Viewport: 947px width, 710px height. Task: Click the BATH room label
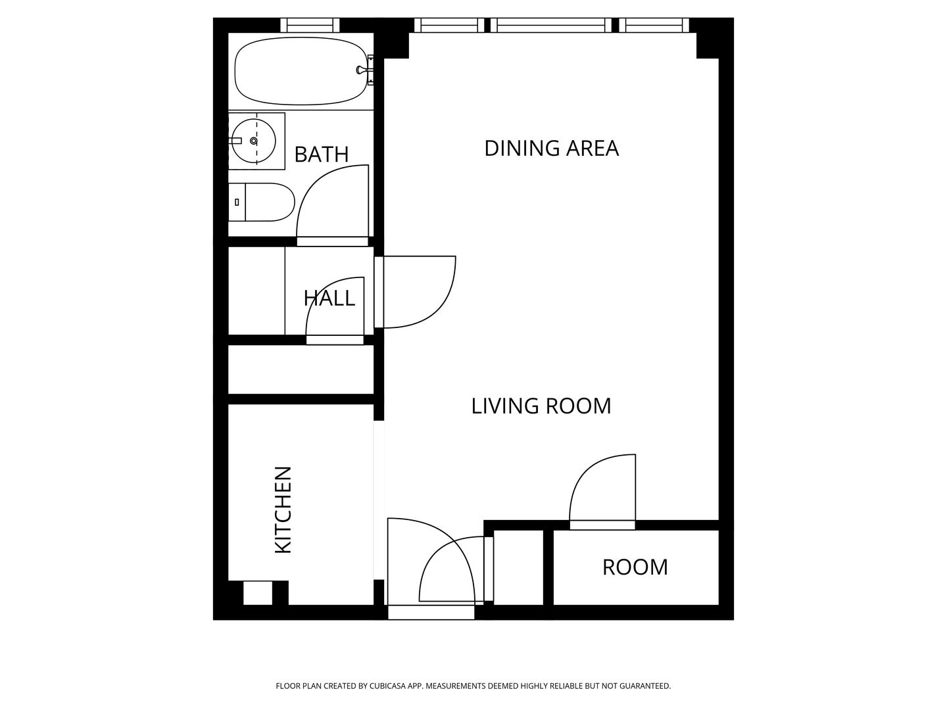click(321, 154)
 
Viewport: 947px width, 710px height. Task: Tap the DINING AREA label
click(551, 148)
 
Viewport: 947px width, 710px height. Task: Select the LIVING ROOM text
click(541, 406)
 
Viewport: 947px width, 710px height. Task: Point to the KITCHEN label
click(283, 509)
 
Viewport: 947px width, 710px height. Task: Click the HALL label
click(329, 298)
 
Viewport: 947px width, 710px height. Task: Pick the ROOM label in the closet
click(635, 567)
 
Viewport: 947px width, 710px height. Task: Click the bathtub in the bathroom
click(301, 71)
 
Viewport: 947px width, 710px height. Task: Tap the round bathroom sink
click(254, 141)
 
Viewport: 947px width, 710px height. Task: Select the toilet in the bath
click(262, 202)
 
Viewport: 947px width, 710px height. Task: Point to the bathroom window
click(310, 25)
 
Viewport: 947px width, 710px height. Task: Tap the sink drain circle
click(254, 141)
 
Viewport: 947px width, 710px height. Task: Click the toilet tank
click(237, 202)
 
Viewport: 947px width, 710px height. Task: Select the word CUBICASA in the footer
click(387, 686)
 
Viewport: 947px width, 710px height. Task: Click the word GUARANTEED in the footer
click(645, 686)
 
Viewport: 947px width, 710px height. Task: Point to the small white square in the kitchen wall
click(258, 593)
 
